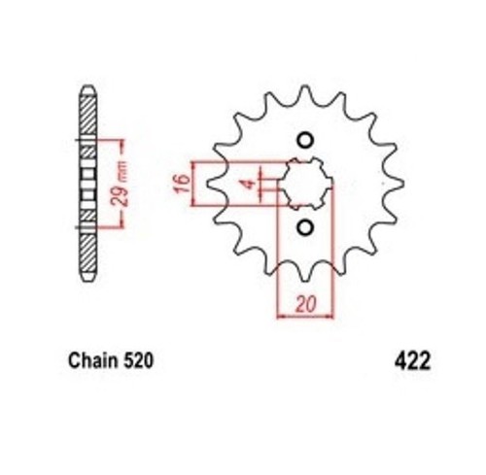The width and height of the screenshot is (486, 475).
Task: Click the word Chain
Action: (92, 360)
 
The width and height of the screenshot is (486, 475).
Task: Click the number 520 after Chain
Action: (138, 360)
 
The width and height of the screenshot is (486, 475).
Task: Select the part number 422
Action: (412, 360)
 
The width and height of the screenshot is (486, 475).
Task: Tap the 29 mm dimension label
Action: (121, 184)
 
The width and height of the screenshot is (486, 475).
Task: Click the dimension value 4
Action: (250, 185)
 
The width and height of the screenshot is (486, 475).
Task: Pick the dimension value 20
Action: (305, 304)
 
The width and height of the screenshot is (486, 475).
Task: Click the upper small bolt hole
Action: (305, 141)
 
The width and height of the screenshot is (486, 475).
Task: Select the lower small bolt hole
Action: (305, 227)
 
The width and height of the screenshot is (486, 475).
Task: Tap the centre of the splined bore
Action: (306, 184)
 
